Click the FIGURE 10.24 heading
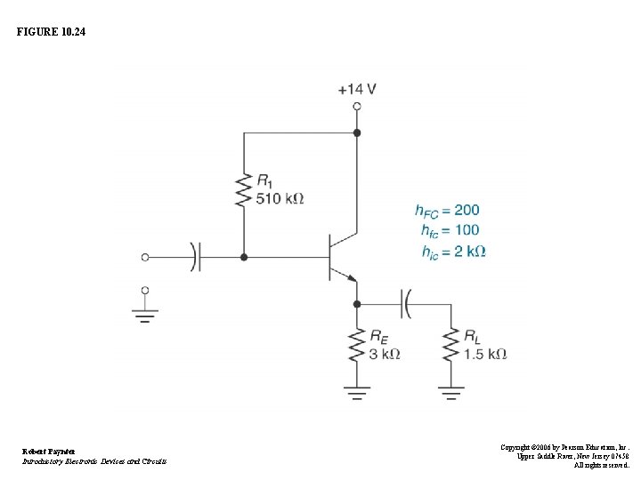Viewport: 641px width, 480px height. tap(52, 32)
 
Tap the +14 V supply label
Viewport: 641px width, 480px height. tap(356, 89)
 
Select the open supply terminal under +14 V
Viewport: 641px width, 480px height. tap(357, 106)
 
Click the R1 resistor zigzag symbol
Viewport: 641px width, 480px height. tap(242, 188)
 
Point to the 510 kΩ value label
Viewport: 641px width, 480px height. tap(280, 198)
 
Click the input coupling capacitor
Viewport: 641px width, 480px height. tap(196, 257)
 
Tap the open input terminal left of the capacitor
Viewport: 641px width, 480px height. tap(145, 257)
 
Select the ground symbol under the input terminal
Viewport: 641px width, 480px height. tap(145, 312)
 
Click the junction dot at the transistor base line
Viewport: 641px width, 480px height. tap(243, 257)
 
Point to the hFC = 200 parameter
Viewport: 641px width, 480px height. tap(447, 211)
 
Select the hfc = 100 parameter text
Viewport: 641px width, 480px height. tap(450, 231)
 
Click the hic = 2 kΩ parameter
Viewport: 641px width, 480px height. tap(453, 252)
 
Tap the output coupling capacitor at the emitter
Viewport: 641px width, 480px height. tap(406, 303)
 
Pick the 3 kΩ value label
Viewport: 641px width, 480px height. tap(384, 353)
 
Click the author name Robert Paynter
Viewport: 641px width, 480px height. tap(49, 452)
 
